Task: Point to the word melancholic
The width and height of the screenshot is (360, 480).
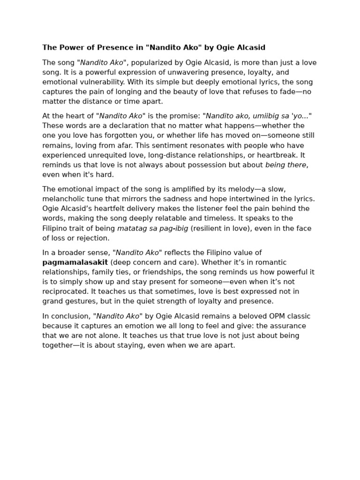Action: coord(63,199)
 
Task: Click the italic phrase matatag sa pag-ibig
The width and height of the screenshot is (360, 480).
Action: coord(153,229)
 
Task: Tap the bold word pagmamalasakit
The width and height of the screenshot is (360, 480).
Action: coord(75,262)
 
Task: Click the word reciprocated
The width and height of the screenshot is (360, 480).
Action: coord(65,292)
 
